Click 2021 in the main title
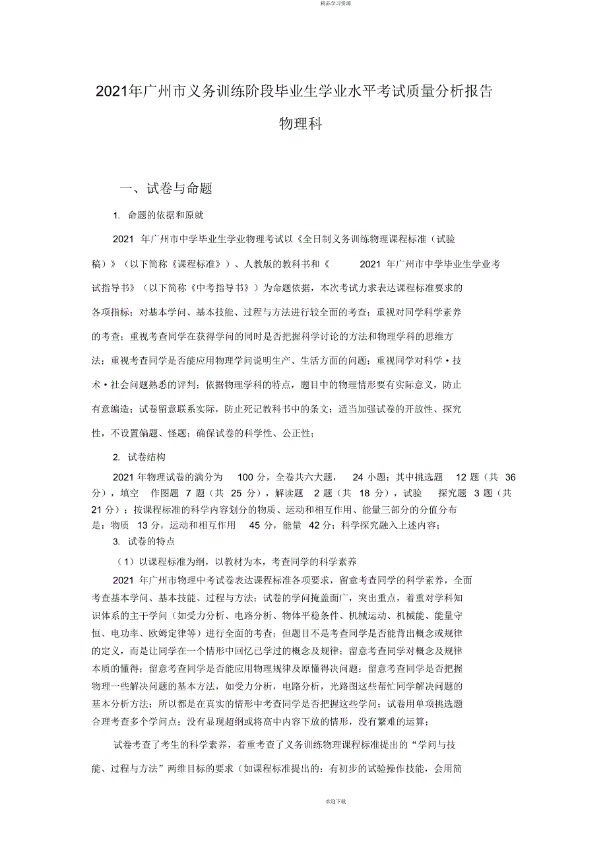point(109,92)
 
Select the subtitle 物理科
point(301,124)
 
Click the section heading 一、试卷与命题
point(166,189)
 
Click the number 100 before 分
point(245,477)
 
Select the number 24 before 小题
point(358,477)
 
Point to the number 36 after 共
point(510,477)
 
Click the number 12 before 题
point(462,477)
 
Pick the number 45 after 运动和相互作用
point(255,525)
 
